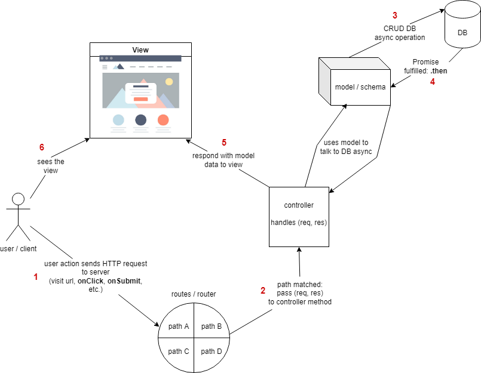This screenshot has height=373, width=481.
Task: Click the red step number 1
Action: (35, 277)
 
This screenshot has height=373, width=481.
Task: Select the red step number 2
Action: (263, 291)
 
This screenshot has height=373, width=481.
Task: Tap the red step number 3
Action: (394, 14)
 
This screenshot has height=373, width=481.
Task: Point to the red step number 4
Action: (433, 82)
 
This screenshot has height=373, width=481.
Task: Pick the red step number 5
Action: (224, 142)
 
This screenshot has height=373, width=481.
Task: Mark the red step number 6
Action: (42, 147)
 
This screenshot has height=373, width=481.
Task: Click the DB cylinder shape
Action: (462, 33)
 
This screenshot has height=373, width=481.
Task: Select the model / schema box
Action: (356, 87)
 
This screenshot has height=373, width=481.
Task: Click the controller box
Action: (299, 216)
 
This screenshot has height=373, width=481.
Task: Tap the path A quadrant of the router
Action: (179, 326)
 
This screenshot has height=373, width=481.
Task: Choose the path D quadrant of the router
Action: (212, 352)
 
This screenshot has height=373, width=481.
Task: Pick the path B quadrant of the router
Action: (212, 326)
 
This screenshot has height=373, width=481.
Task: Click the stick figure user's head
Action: (19, 199)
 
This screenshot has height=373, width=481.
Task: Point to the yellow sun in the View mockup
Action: (169, 81)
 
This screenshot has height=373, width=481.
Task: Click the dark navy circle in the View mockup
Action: (140, 119)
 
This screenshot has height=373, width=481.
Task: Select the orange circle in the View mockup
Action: (163, 119)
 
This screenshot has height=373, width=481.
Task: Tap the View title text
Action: (140, 50)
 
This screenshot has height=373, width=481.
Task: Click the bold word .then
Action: (439, 70)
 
